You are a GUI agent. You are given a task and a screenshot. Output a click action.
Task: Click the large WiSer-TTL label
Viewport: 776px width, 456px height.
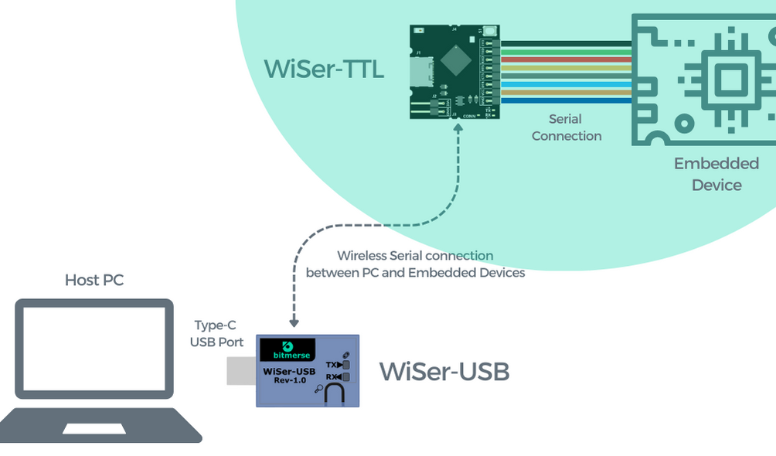coord(323,69)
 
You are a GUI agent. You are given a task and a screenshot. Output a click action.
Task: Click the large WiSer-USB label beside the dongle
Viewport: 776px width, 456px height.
coord(444,372)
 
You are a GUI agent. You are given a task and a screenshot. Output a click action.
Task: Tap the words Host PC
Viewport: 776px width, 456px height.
coord(94,280)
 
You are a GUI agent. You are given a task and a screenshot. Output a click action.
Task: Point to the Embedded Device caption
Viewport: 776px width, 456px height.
coord(716,174)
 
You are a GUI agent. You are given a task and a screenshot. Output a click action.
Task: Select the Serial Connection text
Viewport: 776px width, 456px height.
coord(566,128)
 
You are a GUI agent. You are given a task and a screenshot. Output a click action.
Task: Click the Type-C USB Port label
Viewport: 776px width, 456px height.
coord(216,334)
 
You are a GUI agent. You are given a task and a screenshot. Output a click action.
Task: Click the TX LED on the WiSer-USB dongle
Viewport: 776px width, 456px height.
coord(346,364)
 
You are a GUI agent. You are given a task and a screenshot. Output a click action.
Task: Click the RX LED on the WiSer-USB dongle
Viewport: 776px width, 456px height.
coord(346,377)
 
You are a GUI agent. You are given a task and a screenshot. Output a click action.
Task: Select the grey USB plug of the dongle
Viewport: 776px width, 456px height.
coord(240,371)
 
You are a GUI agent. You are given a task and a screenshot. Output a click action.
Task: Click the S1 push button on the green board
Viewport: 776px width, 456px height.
coord(491,32)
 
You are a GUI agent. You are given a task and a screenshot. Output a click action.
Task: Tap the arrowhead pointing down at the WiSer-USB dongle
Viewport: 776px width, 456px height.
coord(294,324)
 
